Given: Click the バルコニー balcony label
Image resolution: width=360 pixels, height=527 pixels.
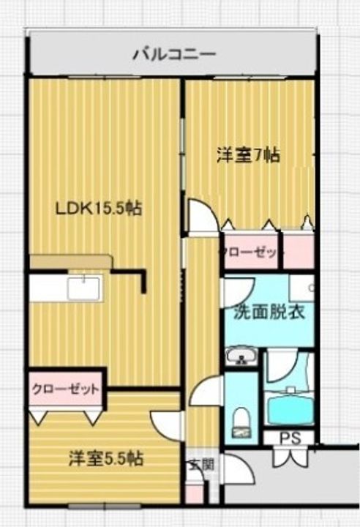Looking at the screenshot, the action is (x=173, y=54).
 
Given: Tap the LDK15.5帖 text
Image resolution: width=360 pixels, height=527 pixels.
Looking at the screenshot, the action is (x=98, y=209).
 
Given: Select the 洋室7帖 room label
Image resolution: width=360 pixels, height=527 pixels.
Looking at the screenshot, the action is (x=248, y=156).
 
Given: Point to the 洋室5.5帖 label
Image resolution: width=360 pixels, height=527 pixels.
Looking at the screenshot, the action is (x=106, y=459).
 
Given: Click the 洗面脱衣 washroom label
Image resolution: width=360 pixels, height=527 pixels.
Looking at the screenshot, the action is (x=269, y=313).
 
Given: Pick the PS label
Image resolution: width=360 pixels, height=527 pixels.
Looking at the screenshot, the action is (x=290, y=438).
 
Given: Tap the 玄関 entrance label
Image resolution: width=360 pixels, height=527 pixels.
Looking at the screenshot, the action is (x=202, y=465).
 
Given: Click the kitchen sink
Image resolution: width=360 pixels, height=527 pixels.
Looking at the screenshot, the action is (x=83, y=288).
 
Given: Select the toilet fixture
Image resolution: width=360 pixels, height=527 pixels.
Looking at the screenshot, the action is (x=240, y=422).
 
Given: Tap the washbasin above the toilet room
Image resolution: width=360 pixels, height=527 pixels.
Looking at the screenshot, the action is (x=241, y=356).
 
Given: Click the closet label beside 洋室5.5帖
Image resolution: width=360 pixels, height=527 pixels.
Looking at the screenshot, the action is (x=66, y=389).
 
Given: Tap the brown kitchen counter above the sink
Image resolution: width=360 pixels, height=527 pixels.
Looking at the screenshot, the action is (x=70, y=261).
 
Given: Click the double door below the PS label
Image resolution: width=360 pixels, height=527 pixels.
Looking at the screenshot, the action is (x=290, y=455).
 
